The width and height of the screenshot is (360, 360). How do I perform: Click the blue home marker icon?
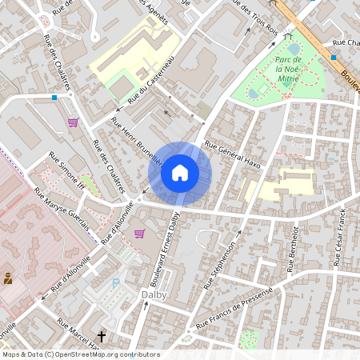pyautogui.click(x=180, y=172)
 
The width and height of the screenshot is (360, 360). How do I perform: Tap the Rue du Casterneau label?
pyautogui.click(x=150, y=83)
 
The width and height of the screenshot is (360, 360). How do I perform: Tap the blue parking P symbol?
pyautogui.click(x=116, y=282)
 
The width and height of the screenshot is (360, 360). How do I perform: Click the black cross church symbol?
pyautogui.click(x=102, y=338)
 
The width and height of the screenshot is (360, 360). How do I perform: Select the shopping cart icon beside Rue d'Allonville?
pyautogui.click(x=140, y=234)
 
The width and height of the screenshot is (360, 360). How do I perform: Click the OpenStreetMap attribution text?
pyautogui.click(x=81, y=354)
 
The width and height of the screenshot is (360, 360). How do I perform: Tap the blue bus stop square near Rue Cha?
pyautogui.click(x=334, y=58)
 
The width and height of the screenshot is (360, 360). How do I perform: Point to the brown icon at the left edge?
pyautogui.click(x=8, y=278)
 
